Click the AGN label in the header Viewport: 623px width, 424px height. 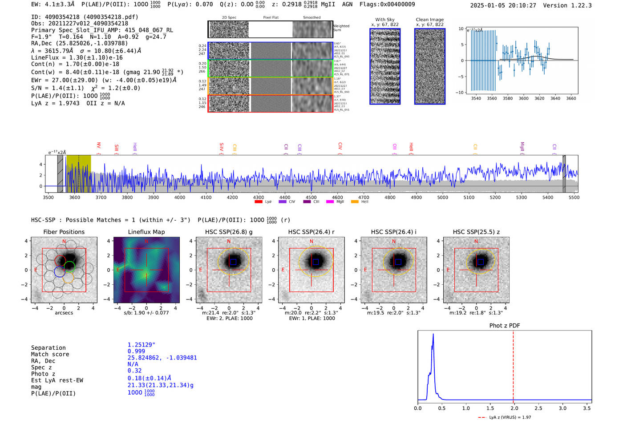click(347, 4)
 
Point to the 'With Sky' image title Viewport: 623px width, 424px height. click(385, 20)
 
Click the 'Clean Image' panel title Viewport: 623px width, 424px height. click(429, 20)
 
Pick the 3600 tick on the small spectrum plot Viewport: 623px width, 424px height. click(523, 98)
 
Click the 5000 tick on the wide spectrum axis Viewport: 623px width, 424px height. click(442, 197)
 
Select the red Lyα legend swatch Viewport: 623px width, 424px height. click(258, 202)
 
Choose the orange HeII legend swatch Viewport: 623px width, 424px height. click(355, 202)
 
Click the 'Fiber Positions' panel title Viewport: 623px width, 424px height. click(64, 232)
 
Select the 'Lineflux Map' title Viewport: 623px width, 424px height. click(146, 232)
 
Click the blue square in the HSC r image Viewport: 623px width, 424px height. click(316, 262)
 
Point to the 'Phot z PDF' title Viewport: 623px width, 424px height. click(504, 325)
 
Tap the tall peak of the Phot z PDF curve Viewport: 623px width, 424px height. click(433, 335)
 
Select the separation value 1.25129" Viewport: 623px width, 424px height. click(141, 345)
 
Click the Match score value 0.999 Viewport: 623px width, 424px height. click(136, 351)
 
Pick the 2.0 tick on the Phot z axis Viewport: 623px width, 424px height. click(514, 408)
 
